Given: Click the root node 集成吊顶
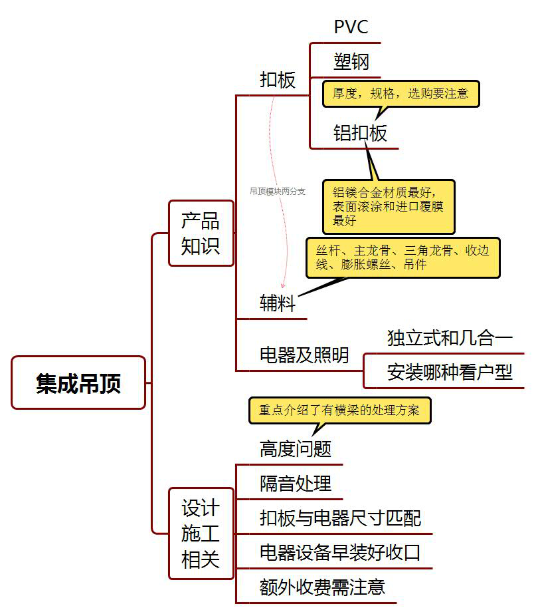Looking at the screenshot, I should (78, 383).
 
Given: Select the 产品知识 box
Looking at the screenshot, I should (201, 233).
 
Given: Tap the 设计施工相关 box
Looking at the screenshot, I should (201, 534).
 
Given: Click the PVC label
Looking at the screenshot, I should (351, 27).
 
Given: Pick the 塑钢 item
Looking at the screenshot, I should (351, 63).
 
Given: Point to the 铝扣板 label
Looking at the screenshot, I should (360, 133).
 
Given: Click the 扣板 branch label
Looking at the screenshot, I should (278, 80).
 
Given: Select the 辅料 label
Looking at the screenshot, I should (278, 304).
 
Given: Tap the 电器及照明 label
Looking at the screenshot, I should (304, 355).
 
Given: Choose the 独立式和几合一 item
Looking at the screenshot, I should (450, 338).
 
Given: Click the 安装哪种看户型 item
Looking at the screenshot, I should (450, 373).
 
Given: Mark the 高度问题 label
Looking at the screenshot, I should (296, 449).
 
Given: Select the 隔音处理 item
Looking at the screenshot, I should (296, 484).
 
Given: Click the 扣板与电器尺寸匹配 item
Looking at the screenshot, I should (340, 518).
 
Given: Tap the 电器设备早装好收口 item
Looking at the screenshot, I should (340, 553).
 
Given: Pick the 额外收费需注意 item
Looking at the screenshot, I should (322, 587).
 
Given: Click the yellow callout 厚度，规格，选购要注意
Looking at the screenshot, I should (401, 94).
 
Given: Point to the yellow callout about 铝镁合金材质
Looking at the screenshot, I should (389, 206).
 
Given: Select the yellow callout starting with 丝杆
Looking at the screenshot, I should (403, 257).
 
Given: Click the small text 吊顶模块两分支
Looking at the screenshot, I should (278, 191).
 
